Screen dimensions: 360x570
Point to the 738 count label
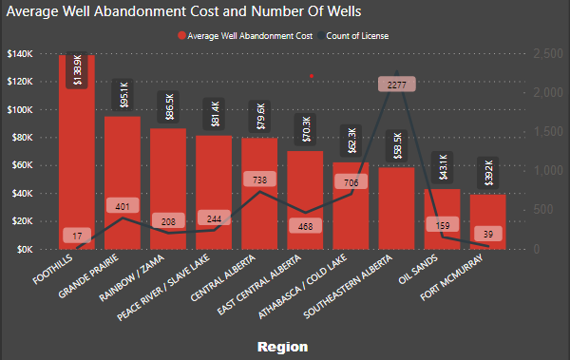(x=260, y=179)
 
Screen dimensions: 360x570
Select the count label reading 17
(x=77, y=235)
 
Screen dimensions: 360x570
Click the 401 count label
(x=123, y=205)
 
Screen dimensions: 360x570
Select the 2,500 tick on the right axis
(x=549, y=54)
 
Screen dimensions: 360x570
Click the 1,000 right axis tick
(x=549, y=171)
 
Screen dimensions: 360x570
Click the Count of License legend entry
(x=361, y=35)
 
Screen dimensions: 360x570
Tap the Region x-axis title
(x=282, y=348)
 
